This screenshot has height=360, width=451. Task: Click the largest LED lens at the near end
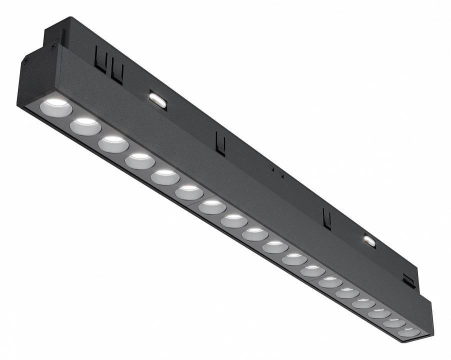click(x=55, y=106)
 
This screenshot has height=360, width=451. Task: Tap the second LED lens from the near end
click(x=85, y=126)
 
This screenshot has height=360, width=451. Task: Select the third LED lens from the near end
click(x=113, y=143)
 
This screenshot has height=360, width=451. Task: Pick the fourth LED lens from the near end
click(x=139, y=160)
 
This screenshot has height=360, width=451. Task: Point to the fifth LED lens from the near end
click(x=165, y=176)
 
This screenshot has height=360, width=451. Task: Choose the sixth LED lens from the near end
click(x=189, y=192)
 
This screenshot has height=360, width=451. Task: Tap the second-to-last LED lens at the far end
click(x=394, y=322)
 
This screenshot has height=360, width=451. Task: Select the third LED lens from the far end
click(x=379, y=313)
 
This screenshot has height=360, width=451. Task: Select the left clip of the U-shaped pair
click(x=100, y=63)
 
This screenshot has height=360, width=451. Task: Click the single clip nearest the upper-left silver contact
click(x=220, y=143)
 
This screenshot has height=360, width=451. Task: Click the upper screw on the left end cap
click(x=52, y=46)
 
